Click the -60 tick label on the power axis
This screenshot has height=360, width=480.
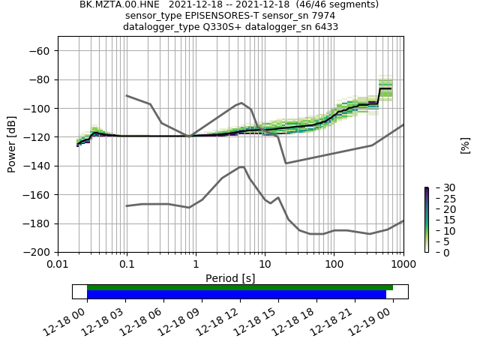(x=40, y=51)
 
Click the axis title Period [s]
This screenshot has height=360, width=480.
(x=230, y=278)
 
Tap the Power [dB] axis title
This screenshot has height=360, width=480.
(x=13, y=144)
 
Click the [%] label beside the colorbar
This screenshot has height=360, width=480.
(x=465, y=145)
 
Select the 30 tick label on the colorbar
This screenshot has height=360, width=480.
(x=439, y=187)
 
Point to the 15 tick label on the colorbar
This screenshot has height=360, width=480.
(x=439, y=220)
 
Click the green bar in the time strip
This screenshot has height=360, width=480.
(x=240, y=287)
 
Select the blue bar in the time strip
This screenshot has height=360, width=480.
(x=236, y=295)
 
